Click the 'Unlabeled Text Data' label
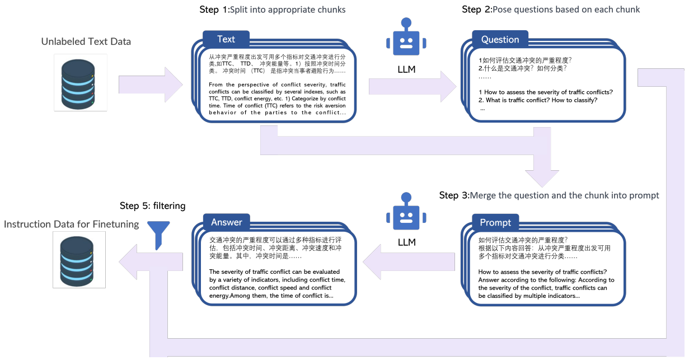tap(86, 42)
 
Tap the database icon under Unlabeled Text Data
tap(80, 82)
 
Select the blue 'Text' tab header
tap(226, 39)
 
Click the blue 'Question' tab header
tap(500, 40)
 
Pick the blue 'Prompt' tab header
tap(495, 222)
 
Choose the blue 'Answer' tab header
tap(226, 222)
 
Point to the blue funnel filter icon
tap(158, 232)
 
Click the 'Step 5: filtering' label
tap(152, 206)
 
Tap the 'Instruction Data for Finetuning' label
tap(72, 224)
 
